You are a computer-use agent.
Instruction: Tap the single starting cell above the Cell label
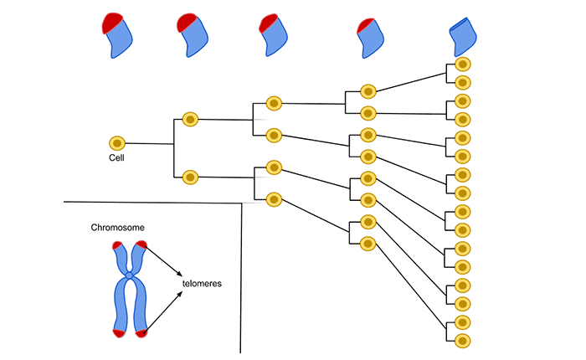point(117,143)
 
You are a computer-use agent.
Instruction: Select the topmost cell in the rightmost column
point(461,64)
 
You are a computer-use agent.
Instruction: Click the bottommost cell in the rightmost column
point(461,341)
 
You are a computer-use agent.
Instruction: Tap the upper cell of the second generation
point(190,120)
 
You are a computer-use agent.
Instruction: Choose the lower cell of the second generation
point(190,177)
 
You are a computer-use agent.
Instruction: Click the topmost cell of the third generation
point(274,103)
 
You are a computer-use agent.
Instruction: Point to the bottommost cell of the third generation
point(274,199)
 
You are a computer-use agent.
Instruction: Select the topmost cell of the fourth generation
point(368,91)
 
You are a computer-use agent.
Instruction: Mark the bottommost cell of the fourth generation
point(368,244)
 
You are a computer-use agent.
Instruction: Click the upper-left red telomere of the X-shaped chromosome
point(116,246)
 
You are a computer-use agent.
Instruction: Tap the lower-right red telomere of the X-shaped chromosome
point(142,333)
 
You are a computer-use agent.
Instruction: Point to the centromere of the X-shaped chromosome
point(130,275)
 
